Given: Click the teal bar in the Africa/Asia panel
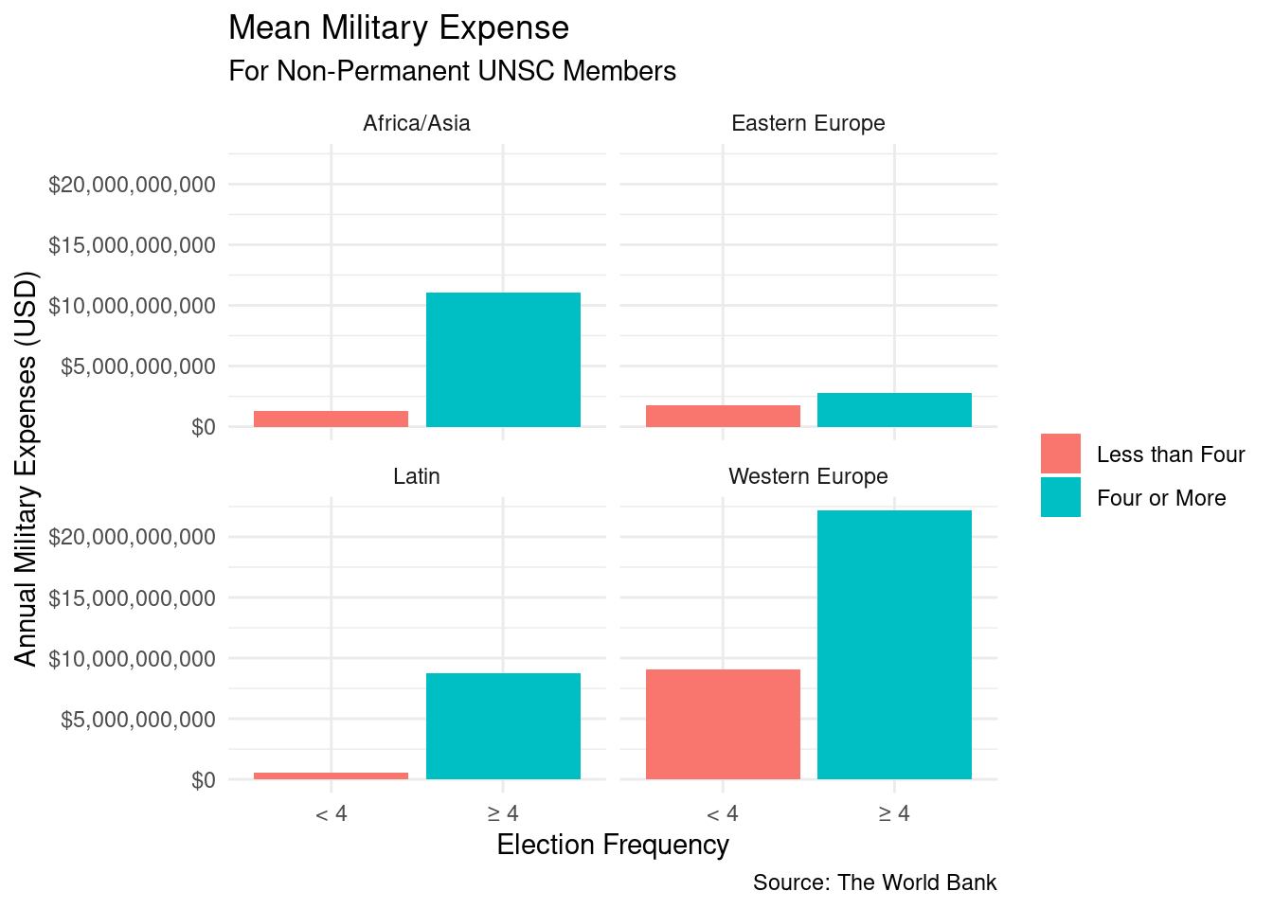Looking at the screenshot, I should [503, 360].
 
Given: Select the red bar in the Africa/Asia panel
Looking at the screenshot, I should [331, 419].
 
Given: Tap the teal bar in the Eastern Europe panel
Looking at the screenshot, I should [894, 410].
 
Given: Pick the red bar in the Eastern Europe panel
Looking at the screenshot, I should [723, 416].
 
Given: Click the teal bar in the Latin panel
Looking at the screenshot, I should [503, 726].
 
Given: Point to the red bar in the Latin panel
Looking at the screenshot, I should [331, 775].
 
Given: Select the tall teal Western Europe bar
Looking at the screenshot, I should [894, 645].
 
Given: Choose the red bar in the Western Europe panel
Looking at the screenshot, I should [723, 724].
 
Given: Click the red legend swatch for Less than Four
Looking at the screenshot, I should [1060, 454].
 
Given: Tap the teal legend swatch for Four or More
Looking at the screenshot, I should [1060, 497].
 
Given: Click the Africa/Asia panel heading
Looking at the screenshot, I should [417, 123].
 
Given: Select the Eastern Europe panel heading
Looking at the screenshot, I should [808, 123].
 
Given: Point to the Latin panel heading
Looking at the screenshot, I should [417, 476].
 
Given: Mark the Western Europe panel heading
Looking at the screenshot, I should [808, 476].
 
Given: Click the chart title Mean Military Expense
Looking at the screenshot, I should [399, 28].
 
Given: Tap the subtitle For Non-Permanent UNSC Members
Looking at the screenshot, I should [452, 71].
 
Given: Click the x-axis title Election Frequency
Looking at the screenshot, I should [613, 845].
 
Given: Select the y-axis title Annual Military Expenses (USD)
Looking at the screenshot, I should [27, 469].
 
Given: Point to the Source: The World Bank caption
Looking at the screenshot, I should [874, 882].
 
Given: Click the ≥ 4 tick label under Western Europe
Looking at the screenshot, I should [894, 813].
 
